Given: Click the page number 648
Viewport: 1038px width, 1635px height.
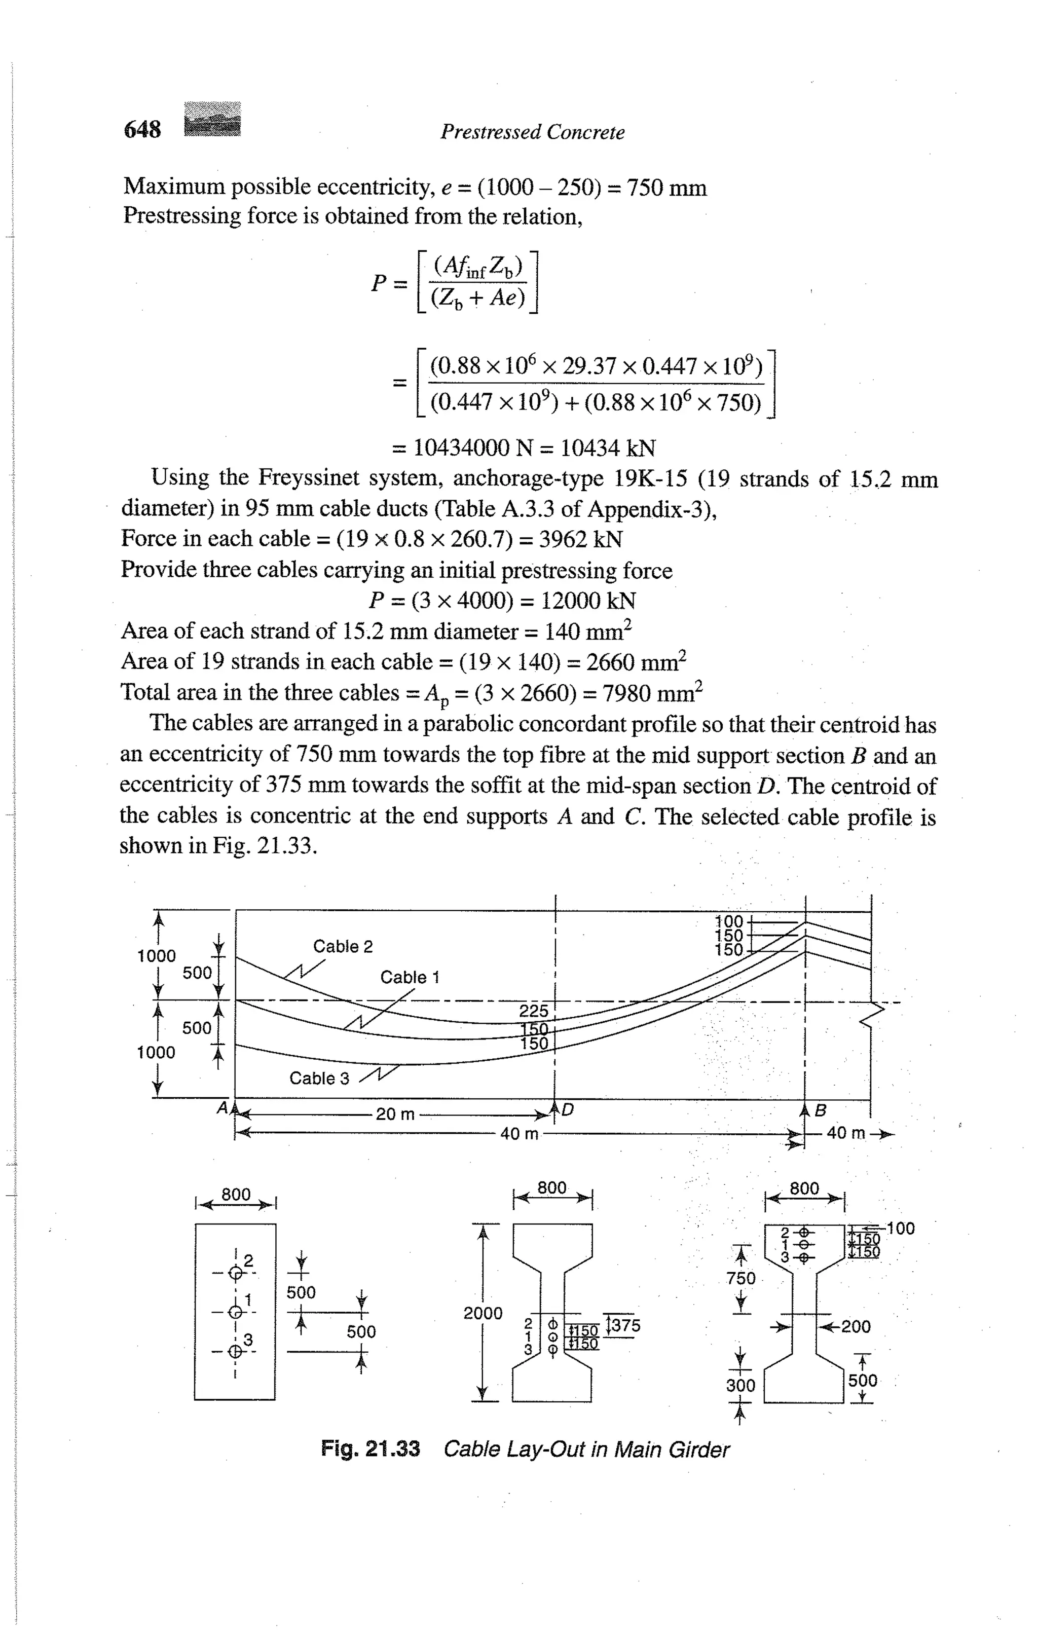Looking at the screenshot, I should pyautogui.click(x=142, y=129).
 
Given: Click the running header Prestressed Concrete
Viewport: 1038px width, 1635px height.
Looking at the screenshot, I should pyautogui.click(x=532, y=132).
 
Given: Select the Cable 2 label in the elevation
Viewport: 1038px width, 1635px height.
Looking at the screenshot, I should pyautogui.click(x=343, y=947).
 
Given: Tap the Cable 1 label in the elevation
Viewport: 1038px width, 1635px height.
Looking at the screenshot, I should pyautogui.click(x=410, y=977).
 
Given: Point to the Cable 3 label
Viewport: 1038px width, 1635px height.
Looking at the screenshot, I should pyautogui.click(x=319, y=1078).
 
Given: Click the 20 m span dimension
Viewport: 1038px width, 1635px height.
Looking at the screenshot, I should pyautogui.click(x=395, y=1114).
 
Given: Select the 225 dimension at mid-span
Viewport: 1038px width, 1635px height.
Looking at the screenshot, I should pyautogui.click(x=534, y=1011).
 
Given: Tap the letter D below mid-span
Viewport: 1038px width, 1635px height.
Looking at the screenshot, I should pyautogui.click(x=568, y=1110).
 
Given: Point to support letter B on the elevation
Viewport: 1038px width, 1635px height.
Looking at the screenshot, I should pyautogui.click(x=820, y=1111).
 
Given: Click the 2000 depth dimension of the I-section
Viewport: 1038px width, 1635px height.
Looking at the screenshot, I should pyautogui.click(x=483, y=1313).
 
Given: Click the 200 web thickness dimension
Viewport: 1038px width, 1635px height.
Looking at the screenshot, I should pyautogui.click(x=856, y=1326).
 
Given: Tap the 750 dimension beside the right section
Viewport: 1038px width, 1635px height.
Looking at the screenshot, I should pyautogui.click(x=740, y=1279).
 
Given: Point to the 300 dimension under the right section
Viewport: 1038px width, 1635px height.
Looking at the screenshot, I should pyautogui.click(x=740, y=1385).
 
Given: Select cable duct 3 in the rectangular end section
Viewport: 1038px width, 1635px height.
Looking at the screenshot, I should pyautogui.click(x=235, y=1351).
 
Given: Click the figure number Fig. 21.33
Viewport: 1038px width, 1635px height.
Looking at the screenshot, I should pyautogui.click(x=370, y=1449).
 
